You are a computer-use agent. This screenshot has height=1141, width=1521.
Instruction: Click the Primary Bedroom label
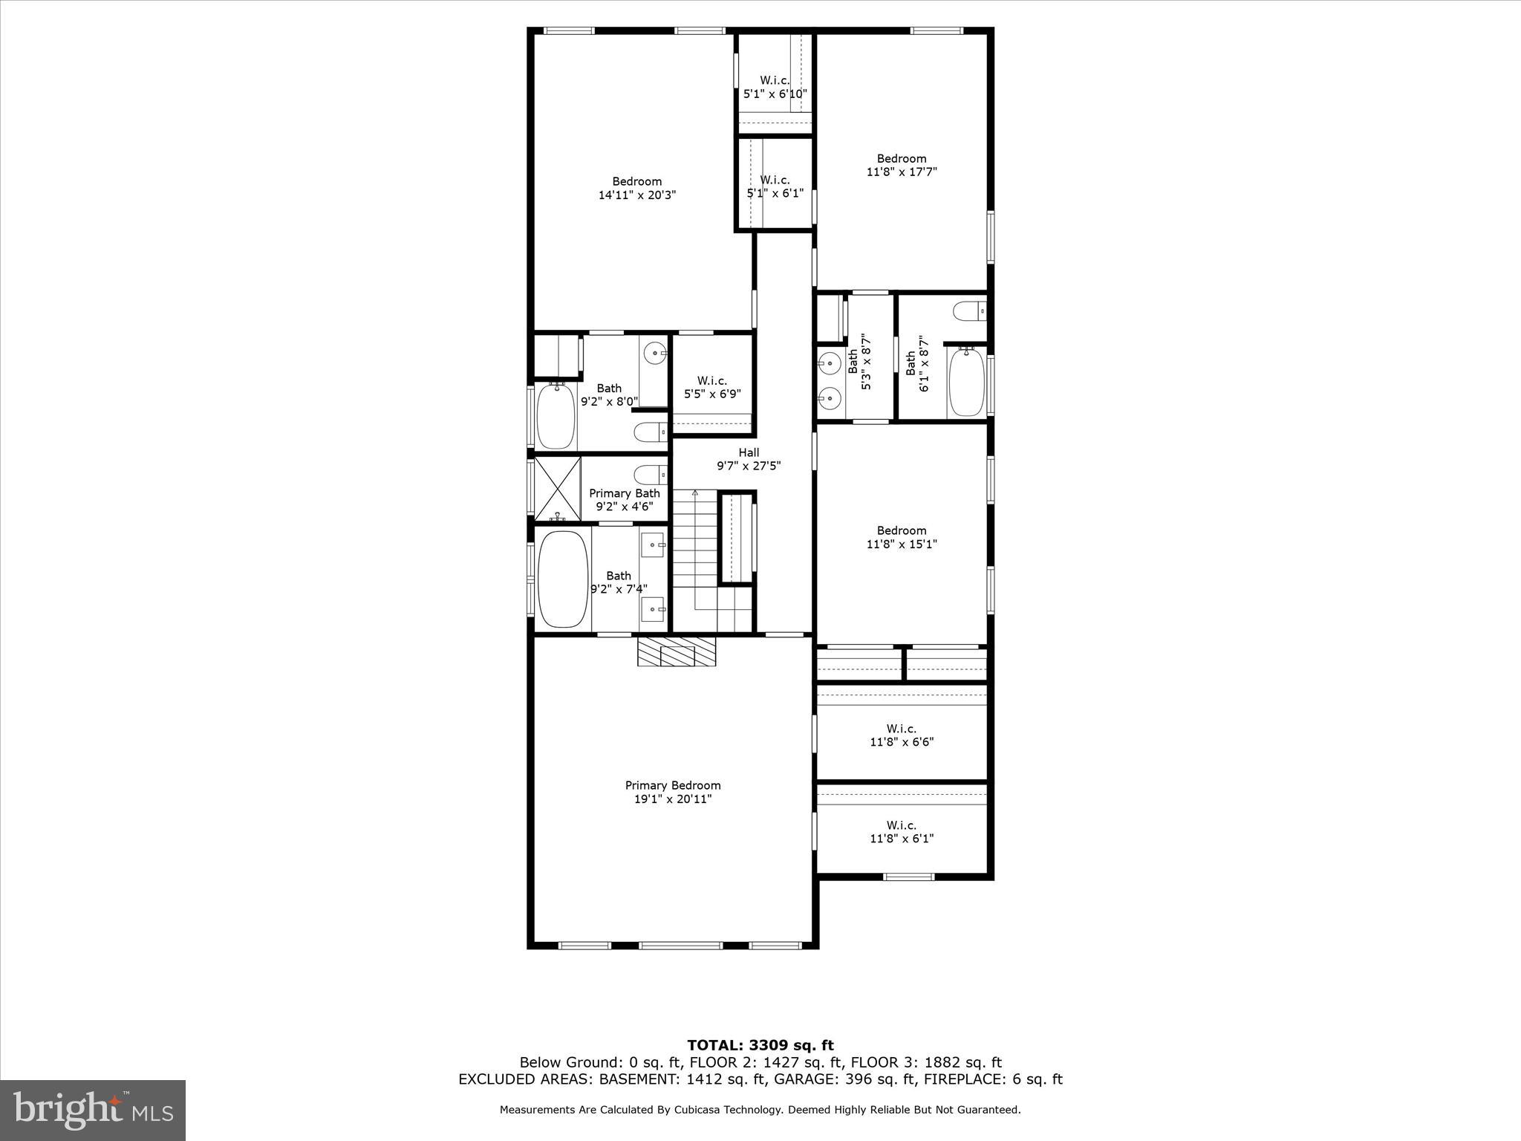tap(673, 792)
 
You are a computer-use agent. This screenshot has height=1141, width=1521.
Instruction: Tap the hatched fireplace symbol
tap(677, 651)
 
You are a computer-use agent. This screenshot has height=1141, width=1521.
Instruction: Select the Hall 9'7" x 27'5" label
tap(749, 459)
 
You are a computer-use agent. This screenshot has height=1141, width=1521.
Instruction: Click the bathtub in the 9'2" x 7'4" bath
tap(563, 579)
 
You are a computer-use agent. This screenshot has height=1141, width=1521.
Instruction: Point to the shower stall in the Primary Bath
tap(558, 488)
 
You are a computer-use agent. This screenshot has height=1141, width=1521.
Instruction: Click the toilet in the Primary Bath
tap(651, 474)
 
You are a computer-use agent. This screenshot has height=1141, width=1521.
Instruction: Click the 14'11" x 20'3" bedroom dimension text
tap(637, 195)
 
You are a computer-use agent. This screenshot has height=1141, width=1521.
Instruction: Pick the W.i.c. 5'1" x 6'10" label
tap(775, 87)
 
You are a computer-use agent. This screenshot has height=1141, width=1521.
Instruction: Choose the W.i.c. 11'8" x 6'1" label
tap(902, 832)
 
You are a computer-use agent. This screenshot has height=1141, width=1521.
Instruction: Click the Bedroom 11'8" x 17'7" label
tap(902, 165)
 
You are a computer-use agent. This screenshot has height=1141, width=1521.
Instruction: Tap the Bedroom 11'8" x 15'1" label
tap(902, 537)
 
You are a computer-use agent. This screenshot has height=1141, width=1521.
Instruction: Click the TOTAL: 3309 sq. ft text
tap(760, 1046)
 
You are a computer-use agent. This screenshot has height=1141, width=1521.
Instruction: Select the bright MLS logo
tap(93, 1111)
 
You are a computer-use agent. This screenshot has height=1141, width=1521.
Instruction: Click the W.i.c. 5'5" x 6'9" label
tap(712, 387)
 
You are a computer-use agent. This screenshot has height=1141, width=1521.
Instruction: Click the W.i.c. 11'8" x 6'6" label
tap(902, 735)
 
